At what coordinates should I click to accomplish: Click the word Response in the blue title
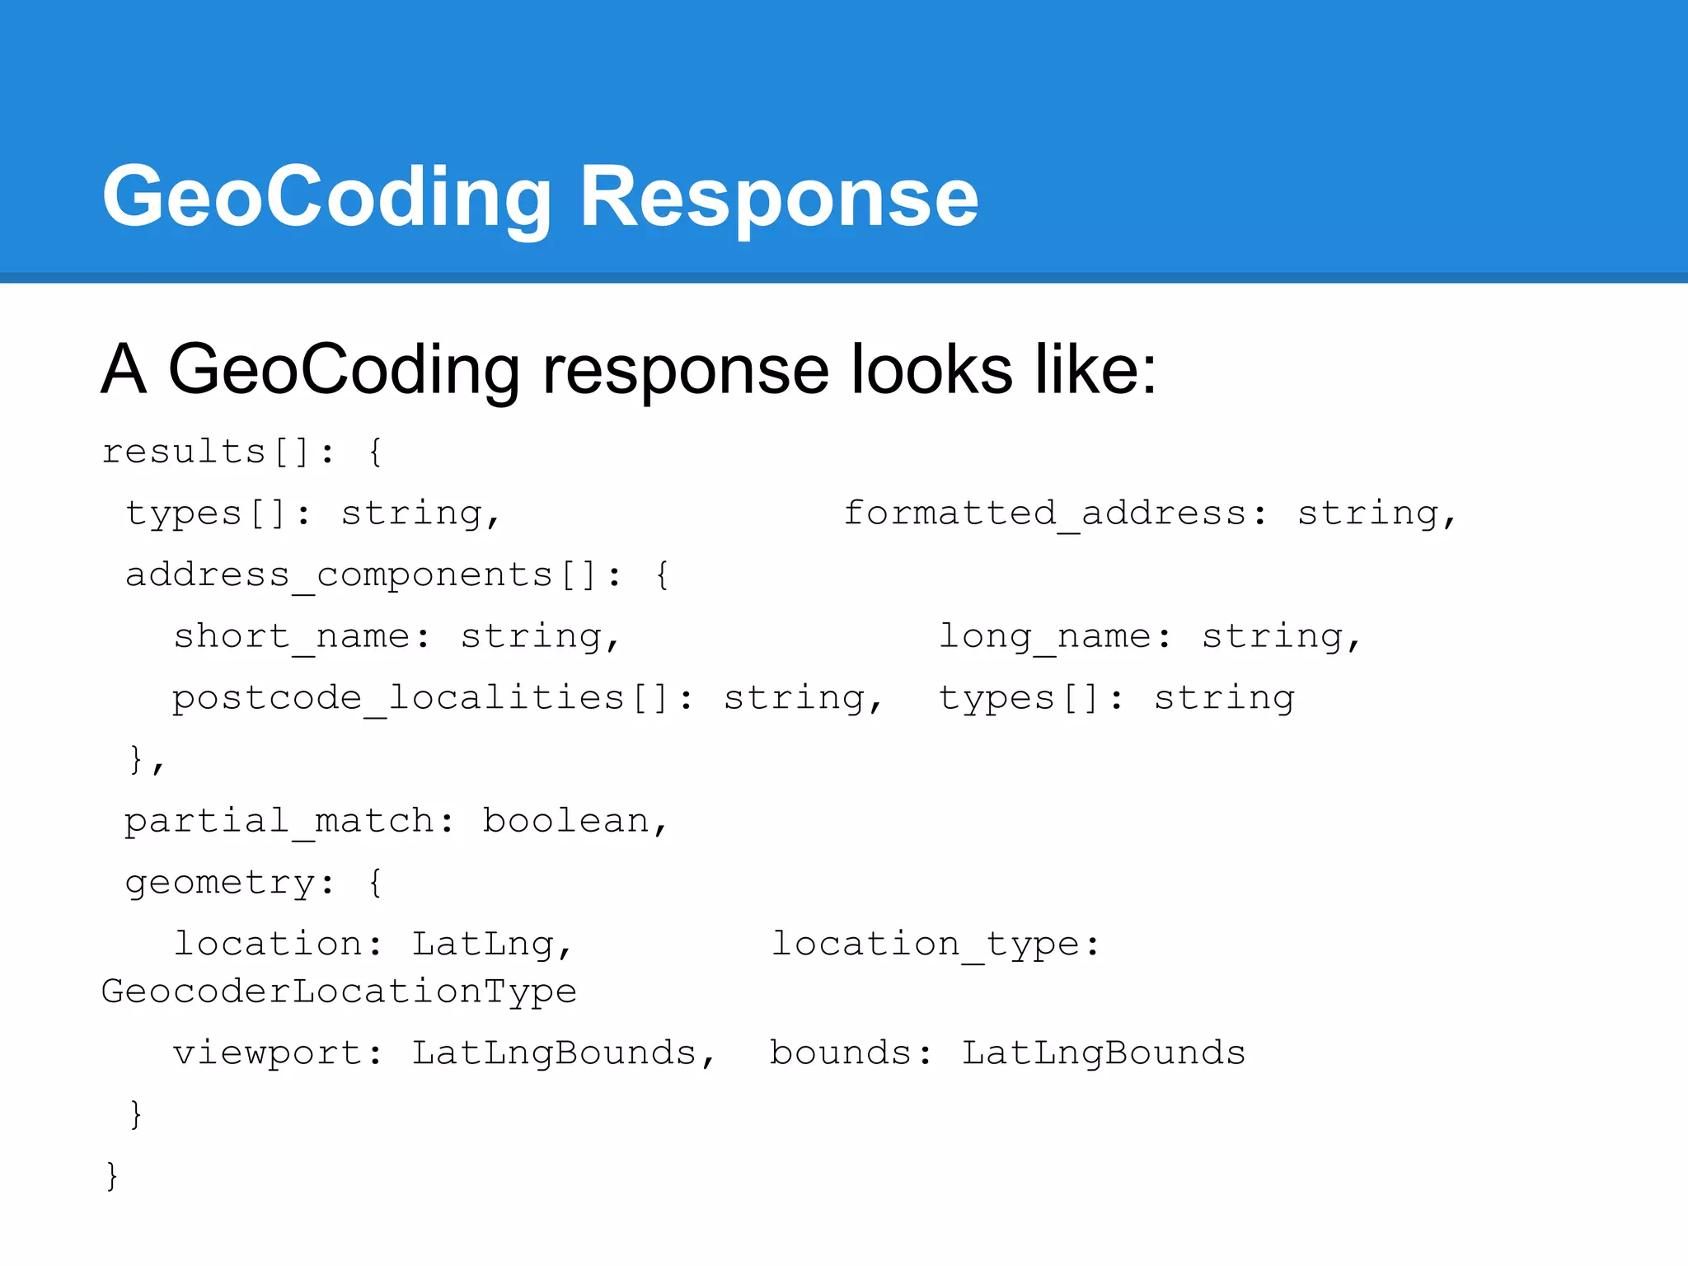pos(779,198)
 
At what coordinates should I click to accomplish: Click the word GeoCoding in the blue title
pos(326,198)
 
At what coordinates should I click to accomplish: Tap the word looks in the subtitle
pos(931,370)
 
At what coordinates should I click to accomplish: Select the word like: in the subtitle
pos(1095,370)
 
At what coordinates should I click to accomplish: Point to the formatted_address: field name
pos(1056,513)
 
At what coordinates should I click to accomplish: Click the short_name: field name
pos(302,636)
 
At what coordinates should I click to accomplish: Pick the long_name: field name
pos(1055,636)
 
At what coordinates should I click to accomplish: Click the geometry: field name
pos(230,883)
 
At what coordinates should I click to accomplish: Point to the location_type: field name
pos(935,944)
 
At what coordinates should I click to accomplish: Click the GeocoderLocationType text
pos(339,991)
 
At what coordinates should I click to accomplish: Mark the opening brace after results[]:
pos(375,452)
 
